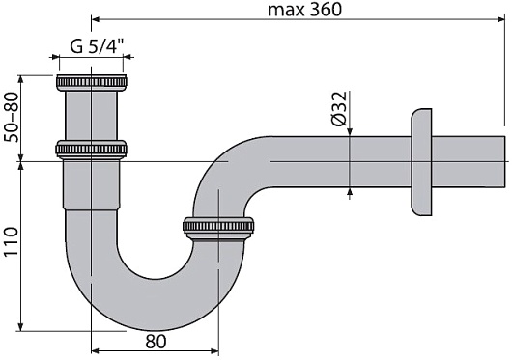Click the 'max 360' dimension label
tap(304, 10)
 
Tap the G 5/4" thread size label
tap(98, 46)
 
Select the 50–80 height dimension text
tap(12, 117)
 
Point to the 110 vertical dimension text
tap(12, 241)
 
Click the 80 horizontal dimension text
tap(156, 342)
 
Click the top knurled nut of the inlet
tap(92, 83)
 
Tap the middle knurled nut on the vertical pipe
tap(91, 150)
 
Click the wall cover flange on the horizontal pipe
tap(421, 162)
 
